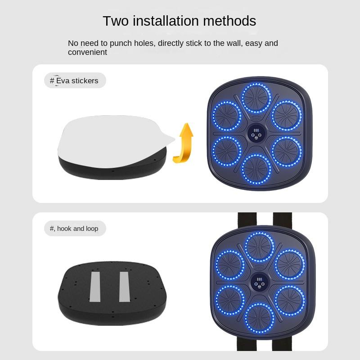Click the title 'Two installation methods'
click(179, 21)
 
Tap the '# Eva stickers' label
click(74, 81)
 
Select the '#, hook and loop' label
click(74, 229)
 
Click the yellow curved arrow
click(185, 143)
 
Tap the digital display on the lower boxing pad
click(259, 282)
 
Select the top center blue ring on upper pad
click(256, 98)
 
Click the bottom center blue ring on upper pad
click(256, 169)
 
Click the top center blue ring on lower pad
click(259, 247)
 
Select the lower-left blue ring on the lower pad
click(229, 300)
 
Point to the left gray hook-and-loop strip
click(95, 287)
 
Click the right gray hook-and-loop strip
click(124, 287)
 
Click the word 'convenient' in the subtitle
click(87, 52)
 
